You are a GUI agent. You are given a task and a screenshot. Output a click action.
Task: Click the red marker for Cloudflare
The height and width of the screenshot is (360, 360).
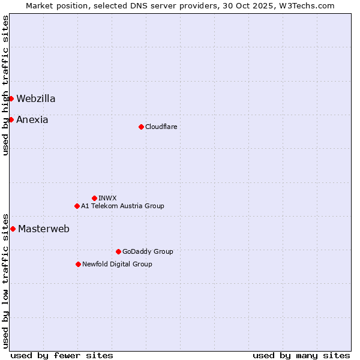point(141,127)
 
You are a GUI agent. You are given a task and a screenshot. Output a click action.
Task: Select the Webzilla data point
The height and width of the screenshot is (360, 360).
point(11,98)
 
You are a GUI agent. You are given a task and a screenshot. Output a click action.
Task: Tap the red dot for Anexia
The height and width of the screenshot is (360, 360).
point(11,119)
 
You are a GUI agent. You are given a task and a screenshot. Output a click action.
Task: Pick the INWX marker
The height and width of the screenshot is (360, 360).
point(94,198)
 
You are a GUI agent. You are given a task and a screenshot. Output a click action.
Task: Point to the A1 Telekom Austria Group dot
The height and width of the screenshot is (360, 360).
point(77,206)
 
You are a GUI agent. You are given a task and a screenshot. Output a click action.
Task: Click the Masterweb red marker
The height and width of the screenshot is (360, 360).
point(13,229)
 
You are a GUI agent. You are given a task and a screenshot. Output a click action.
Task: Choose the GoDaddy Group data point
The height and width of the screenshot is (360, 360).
point(118,251)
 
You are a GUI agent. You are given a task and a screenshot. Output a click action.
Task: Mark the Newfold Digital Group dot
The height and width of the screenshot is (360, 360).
point(78,264)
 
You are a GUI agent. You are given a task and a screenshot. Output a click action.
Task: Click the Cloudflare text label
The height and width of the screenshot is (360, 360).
point(161,127)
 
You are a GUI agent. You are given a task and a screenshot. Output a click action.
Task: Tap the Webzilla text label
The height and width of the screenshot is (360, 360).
point(36,98)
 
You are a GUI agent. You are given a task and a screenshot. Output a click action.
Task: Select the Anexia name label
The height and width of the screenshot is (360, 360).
point(32,119)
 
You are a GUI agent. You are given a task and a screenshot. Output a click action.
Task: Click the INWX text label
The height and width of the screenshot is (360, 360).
point(107,198)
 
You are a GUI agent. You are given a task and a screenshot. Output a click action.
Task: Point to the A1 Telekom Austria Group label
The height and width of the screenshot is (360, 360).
point(122,206)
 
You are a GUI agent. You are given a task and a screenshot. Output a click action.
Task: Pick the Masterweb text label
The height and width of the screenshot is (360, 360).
point(44,229)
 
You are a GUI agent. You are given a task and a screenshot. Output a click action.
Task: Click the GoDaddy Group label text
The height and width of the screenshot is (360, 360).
point(148,251)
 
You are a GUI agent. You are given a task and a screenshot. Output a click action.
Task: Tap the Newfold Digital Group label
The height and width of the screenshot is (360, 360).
point(117,264)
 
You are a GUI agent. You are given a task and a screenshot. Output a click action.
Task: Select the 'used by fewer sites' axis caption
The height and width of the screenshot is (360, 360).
point(62,355)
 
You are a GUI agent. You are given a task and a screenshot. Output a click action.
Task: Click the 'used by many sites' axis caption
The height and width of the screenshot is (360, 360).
point(301,355)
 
